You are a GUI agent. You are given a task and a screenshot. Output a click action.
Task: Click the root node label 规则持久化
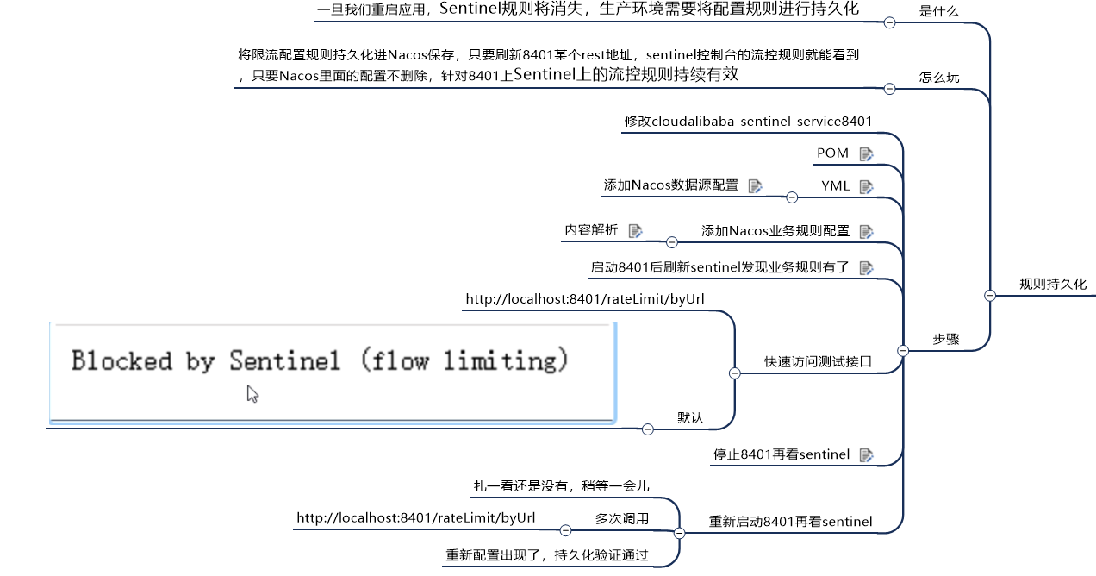(x=1053, y=284)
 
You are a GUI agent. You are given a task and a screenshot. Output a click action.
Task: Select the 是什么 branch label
(x=939, y=11)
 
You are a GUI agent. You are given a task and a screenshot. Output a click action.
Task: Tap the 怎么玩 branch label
(x=939, y=77)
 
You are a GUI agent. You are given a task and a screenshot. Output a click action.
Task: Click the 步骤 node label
(x=946, y=339)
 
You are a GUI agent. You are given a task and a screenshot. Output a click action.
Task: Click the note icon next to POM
(x=866, y=154)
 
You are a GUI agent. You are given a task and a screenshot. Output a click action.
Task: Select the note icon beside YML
(x=866, y=186)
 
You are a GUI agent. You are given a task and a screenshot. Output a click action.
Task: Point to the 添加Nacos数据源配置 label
(x=671, y=185)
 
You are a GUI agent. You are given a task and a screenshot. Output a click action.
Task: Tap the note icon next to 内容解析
(x=636, y=230)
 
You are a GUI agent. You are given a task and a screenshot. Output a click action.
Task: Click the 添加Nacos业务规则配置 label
(x=775, y=231)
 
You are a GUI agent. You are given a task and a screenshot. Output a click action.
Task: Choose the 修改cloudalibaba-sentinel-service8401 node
(x=748, y=122)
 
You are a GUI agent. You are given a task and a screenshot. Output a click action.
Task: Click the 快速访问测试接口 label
(x=818, y=362)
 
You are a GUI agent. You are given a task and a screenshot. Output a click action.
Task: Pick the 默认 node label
(x=690, y=418)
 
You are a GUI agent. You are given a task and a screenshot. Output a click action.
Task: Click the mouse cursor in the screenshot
(x=252, y=393)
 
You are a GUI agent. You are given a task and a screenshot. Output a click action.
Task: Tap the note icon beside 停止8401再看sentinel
(x=866, y=454)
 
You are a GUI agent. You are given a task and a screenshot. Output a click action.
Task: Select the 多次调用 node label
(x=622, y=519)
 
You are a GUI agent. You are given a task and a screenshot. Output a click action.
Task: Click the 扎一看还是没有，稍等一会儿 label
(x=561, y=486)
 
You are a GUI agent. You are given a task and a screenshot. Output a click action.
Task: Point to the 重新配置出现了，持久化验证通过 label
(x=547, y=556)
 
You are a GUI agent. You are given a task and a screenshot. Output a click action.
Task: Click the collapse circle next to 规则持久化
(x=990, y=295)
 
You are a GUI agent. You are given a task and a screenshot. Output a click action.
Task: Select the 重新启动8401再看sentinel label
(x=790, y=522)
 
